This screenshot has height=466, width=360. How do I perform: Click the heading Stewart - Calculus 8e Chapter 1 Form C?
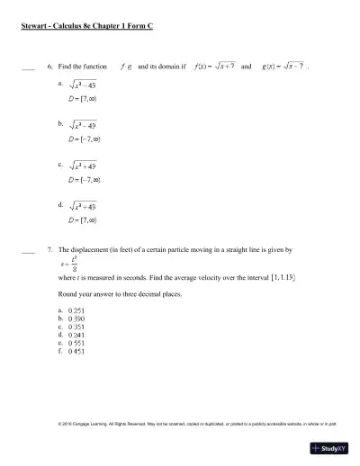point(86,26)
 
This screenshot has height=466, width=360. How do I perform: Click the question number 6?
point(49,67)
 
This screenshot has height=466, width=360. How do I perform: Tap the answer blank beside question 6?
point(27,68)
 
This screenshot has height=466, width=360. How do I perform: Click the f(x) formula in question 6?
point(213,67)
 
